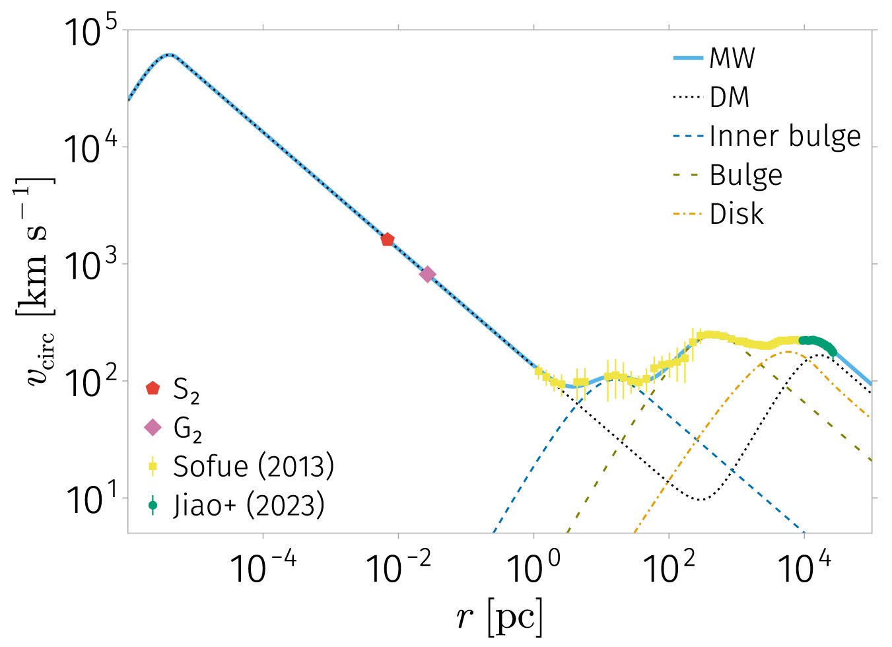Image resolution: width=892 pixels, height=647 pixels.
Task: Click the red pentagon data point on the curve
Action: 388,240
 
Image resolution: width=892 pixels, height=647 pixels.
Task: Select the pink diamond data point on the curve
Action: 428,274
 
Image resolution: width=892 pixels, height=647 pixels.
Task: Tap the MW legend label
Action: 732,59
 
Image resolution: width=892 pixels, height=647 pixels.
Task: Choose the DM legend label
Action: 730,98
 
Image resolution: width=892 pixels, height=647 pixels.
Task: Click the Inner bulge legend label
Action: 785,137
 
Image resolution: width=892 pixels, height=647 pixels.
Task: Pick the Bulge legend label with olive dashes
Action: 746,176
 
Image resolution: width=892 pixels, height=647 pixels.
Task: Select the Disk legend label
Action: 736,215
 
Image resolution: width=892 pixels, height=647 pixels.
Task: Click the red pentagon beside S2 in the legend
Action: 153,388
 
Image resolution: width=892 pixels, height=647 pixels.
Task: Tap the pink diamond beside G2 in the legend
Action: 153,428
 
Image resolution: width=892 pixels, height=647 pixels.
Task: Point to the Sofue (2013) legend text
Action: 254,466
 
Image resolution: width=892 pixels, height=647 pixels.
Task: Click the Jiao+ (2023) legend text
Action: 249,506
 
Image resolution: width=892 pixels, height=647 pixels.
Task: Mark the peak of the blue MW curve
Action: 170,55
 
